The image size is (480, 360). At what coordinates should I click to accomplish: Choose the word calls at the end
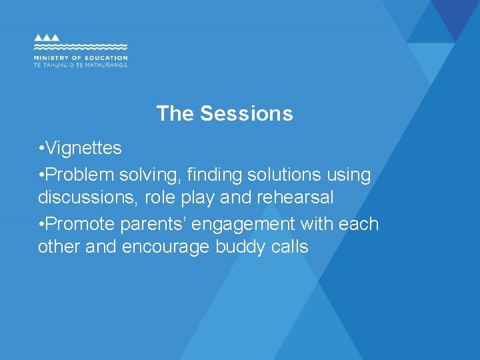(289, 247)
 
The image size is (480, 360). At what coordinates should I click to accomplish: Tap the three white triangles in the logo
(47, 38)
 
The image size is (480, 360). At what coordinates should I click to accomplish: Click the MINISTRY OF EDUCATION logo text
(81, 58)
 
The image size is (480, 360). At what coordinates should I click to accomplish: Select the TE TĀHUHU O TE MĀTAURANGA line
(81, 65)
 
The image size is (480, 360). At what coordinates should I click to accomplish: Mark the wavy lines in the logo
(81, 47)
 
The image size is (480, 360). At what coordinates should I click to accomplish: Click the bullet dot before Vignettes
(41, 149)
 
